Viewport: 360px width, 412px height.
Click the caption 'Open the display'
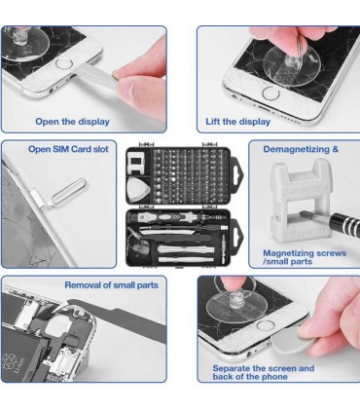pyautogui.click(x=72, y=122)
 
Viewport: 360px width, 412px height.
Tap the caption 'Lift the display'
pyautogui.click(x=237, y=122)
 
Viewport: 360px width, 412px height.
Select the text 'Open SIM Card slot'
pyautogui.click(x=68, y=149)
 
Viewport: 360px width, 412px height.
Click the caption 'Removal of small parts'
pyautogui.click(x=111, y=285)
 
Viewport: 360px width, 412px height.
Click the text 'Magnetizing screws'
pyautogui.click(x=305, y=253)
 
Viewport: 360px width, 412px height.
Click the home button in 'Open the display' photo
pyautogui.click(x=63, y=62)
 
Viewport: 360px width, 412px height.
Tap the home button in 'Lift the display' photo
pyautogui.click(x=271, y=94)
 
